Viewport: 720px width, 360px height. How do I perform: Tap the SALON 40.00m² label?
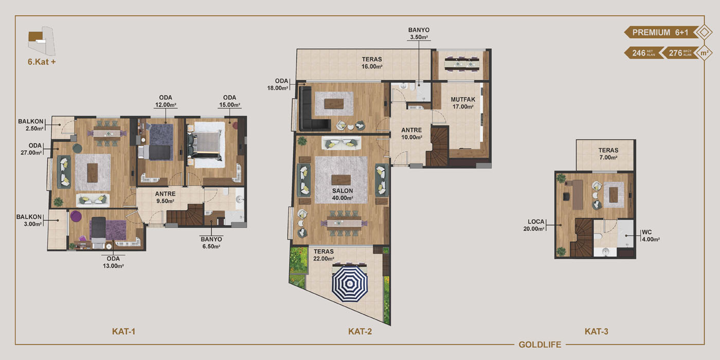tap(343, 194)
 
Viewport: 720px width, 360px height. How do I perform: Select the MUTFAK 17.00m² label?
tap(463, 103)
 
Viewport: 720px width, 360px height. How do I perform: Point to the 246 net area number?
tap(639, 53)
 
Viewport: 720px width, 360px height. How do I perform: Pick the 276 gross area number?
tap(675, 53)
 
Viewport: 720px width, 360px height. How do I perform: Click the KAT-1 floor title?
tap(124, 331)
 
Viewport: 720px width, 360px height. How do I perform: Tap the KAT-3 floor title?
tap(596, 331)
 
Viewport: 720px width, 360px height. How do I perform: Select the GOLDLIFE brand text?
tap(540, 345)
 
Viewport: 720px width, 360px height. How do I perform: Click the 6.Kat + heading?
tap(42, 62)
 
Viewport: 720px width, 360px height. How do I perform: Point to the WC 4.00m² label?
tap(651, 236)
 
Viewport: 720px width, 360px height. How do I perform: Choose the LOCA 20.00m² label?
tap(534, 225)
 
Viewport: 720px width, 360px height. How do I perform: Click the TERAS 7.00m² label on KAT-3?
tap(608, 154)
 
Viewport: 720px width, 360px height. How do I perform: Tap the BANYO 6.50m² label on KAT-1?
tap(211, 243)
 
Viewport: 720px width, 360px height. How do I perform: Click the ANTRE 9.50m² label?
tap(165, 197)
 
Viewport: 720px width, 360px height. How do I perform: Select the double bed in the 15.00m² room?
tap(205, 145)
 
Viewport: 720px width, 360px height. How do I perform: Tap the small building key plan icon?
tap(41, 41)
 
